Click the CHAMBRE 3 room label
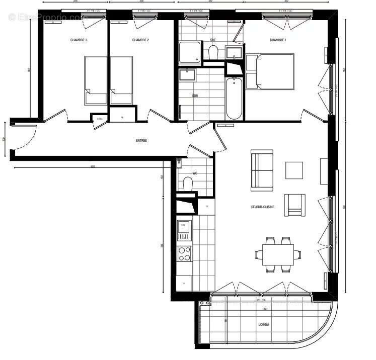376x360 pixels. coord(79,40)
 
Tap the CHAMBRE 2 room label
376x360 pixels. coord(140,40)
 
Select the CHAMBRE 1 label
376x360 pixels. coord(278,40)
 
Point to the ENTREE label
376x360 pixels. coord(141,141)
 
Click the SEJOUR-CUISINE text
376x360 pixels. coord(263,207)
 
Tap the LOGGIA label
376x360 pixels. coord(264,325)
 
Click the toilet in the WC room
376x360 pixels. coord(188,184)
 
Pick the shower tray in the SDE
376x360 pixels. coord(189,52)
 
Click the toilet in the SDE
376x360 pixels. coord(213,52)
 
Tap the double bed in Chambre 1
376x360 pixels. coord(270,71)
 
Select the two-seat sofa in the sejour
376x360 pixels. coord(262,170)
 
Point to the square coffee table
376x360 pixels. coord(294,170)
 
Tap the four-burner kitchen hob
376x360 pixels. coord(184,253)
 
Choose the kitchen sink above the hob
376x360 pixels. coord(184,230)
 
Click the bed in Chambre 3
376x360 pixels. coord(96,80)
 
